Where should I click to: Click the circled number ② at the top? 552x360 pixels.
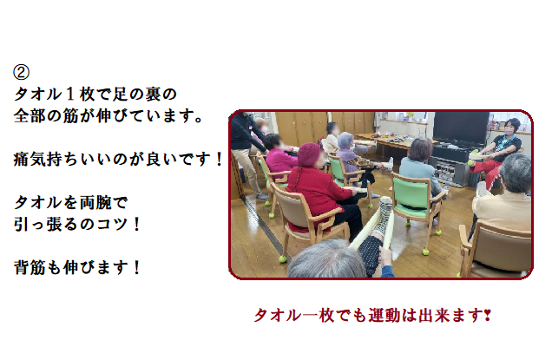click(21, 72)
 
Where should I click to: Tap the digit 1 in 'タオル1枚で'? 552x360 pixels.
click(70, 95)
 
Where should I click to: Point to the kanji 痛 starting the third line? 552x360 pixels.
click(22, 159)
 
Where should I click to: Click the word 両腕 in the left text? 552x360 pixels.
click(95, 203)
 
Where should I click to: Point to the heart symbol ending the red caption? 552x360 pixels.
click(488, 314)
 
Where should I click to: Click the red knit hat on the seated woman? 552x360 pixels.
click(309, 154)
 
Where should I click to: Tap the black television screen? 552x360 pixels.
click(460, 129)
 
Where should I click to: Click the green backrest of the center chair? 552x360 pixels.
click(411, 194)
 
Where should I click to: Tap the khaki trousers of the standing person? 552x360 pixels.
click(249, 172)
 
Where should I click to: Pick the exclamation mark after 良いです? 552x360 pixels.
click(219, 159)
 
